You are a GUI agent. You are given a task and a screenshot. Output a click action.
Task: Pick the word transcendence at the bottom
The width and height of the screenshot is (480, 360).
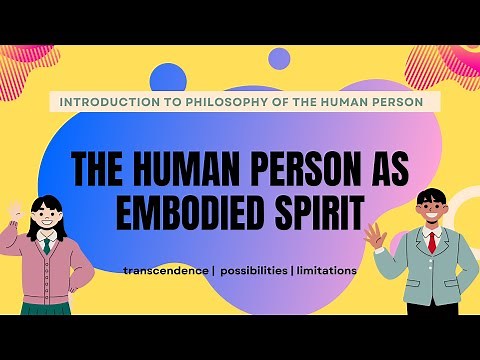164,271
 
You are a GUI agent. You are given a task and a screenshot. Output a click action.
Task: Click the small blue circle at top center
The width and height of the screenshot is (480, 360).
281,58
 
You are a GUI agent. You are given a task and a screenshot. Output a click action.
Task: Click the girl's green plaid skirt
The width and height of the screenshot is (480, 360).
50,305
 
